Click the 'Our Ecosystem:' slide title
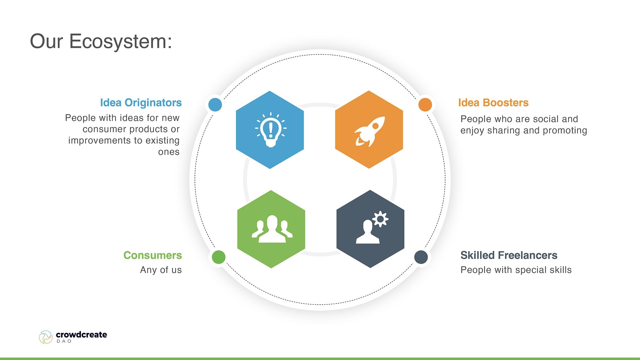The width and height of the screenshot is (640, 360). click(x=101, y=42)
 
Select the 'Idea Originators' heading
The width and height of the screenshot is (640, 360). click(x=141, y=102)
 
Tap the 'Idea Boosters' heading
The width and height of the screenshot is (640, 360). click(x=493, y=102)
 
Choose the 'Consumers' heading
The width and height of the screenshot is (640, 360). click(x=153, y=255)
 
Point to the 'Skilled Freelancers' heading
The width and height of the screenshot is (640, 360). click(x=509, y=255)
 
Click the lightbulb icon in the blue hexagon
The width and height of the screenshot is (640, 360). click(x=271, y=130)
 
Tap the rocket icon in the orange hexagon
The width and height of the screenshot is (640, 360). click(x=369, y=131)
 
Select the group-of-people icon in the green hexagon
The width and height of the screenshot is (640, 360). click(x=272, y=229)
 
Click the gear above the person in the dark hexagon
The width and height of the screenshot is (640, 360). click(x=380, y=219)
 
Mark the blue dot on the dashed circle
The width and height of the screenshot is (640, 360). click(x=215, y=104)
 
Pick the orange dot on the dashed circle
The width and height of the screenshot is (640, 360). click(x=425, y=105)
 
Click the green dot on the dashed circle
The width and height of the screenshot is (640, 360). click(x=219, y=257)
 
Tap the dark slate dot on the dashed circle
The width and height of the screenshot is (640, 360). click(x=421, y=257)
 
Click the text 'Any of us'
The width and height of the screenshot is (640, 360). click(x=161, y=270)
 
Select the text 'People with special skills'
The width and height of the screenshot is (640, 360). click(x=516, y=270)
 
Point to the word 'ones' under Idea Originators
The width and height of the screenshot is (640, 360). click(x=169, y=152)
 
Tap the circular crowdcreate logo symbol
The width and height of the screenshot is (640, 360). click(x=46, y=337)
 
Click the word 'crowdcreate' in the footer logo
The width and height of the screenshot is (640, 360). click(x=81, y=334)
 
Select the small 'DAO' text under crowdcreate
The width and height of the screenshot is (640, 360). click(x=64, y=341)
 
